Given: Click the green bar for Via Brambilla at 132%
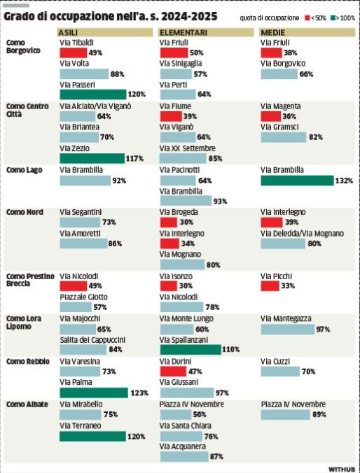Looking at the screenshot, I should coord(296,181).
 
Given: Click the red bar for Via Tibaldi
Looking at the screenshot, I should coord(73,53).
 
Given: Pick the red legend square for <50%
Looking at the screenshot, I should coord(306,16).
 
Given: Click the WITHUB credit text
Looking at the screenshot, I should coord(342,468).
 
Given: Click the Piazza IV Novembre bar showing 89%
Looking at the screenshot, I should coord(285,415).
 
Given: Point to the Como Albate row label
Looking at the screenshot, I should coord(27,404).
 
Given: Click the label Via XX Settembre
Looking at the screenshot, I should coord(188,148).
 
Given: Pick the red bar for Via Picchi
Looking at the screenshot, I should coord(270,287).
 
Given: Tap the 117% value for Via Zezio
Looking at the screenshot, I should coord(135,159).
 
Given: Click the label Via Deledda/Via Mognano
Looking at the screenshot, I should coord(302,233).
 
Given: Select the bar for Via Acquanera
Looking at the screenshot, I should coord(184,456).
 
